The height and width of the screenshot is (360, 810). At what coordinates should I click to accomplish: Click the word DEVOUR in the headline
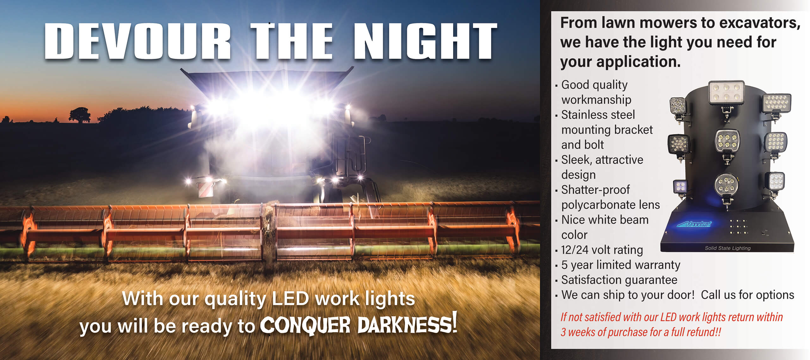click(138, 41)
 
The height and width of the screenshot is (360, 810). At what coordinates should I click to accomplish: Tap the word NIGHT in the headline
click(425, 41)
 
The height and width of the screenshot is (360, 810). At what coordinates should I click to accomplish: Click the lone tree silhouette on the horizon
click(80, 115)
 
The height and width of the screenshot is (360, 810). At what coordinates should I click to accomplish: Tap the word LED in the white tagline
click(290, 298)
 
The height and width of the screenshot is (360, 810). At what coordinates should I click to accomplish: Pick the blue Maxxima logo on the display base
click(694, 224)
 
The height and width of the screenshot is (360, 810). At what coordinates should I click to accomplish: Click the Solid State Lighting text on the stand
click(727, 248)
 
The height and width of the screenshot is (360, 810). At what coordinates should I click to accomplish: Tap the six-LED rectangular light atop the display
click(726, 92)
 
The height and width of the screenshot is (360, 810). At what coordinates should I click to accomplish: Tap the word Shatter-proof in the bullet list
click(595, 190)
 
